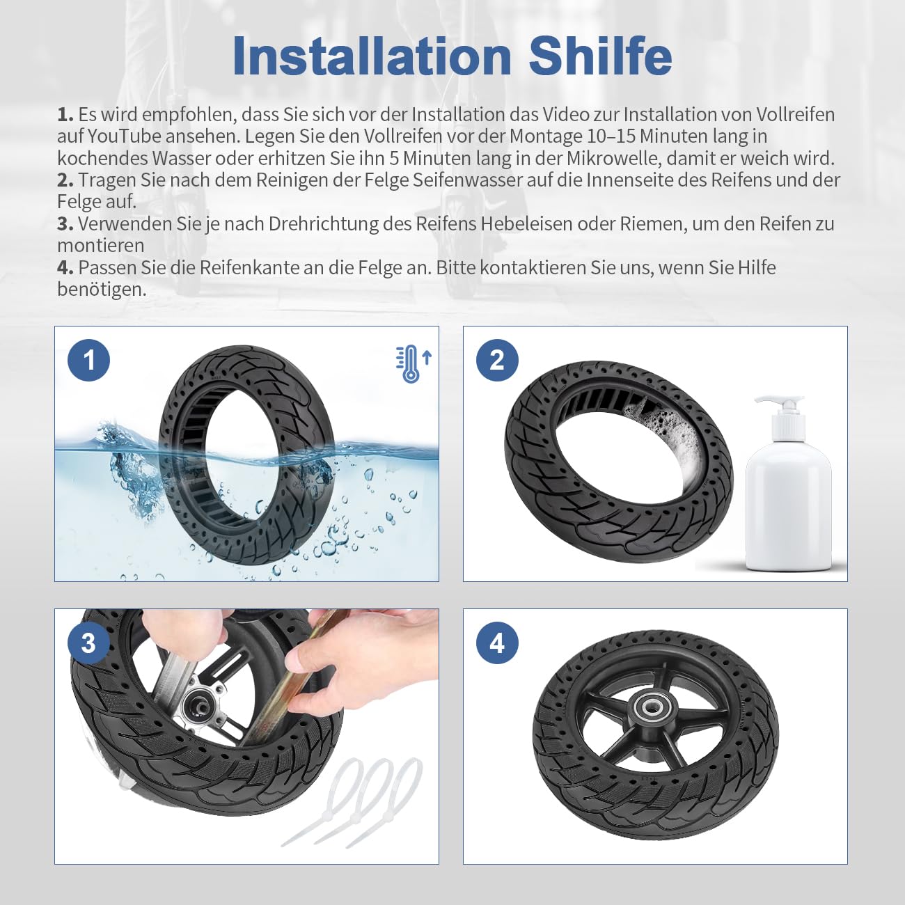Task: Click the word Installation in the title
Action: (x=372, y=56)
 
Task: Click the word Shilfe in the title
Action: (x=600, y=56)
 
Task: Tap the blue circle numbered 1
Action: (x=89, y=360)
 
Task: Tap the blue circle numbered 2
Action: (x=497, y=360)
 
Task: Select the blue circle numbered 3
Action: (x=89, y=643)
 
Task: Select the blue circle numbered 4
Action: (x=497, y=643)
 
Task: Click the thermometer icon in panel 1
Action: (x=413, y=365)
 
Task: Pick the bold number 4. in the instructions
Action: (x=65, y=268)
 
